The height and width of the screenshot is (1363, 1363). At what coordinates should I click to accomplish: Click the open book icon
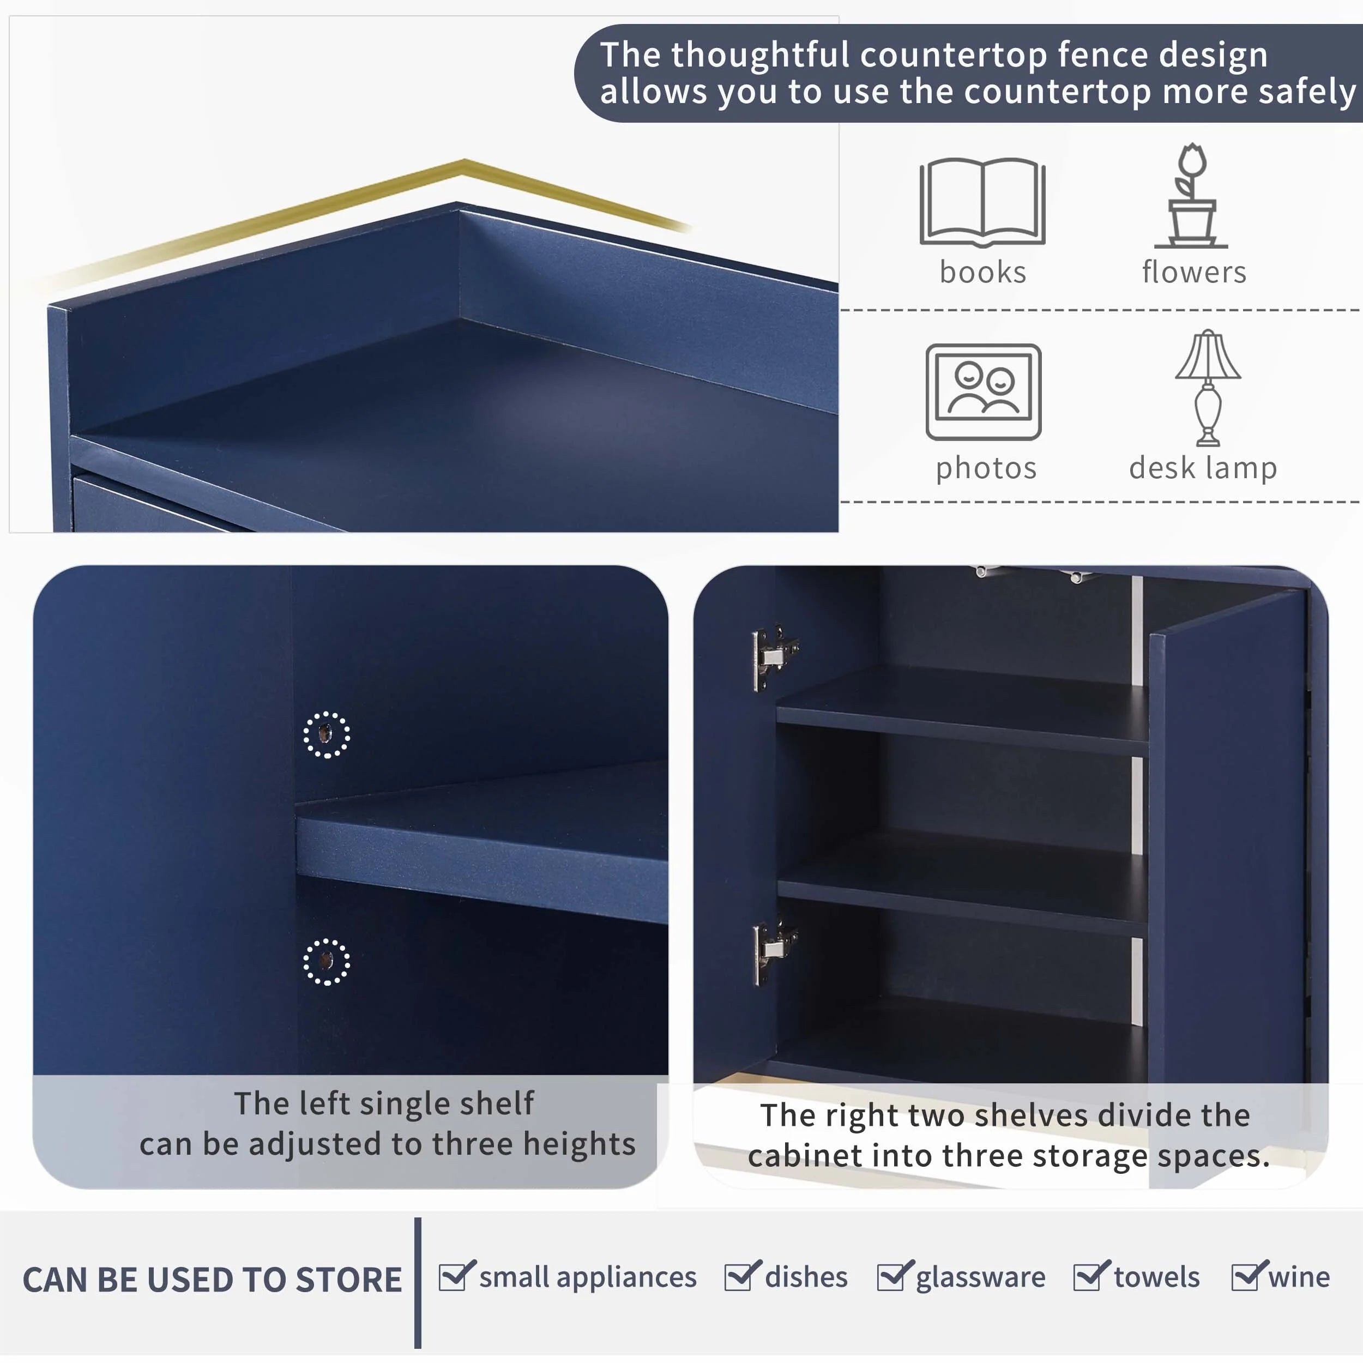[982, 202]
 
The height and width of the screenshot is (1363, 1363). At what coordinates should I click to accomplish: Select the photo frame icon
[984, 391]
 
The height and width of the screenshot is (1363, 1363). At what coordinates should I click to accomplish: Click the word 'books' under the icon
[983, 272]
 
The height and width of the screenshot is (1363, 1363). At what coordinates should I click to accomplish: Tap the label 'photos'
[986, 468]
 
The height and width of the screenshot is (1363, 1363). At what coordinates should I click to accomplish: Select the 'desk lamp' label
[1203, 468]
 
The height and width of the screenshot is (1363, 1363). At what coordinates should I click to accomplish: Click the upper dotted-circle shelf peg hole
[326, 735]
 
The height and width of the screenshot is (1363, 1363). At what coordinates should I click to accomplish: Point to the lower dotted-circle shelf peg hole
[326, 962]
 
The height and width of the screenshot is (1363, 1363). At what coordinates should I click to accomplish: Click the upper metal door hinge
[775, 657]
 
